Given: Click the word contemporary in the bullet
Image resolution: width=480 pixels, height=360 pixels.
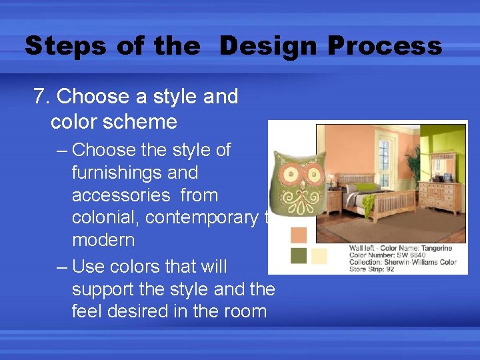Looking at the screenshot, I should (x=200, y=217).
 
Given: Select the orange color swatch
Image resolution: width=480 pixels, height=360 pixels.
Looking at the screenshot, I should (x=299, y=235).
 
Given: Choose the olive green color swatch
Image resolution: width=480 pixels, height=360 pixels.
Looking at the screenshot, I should (x=299, y=255).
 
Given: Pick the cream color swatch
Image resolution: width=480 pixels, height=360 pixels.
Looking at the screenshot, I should (x=319, y=256).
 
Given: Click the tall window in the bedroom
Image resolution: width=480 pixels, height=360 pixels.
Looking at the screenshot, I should (x=385, y=153).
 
